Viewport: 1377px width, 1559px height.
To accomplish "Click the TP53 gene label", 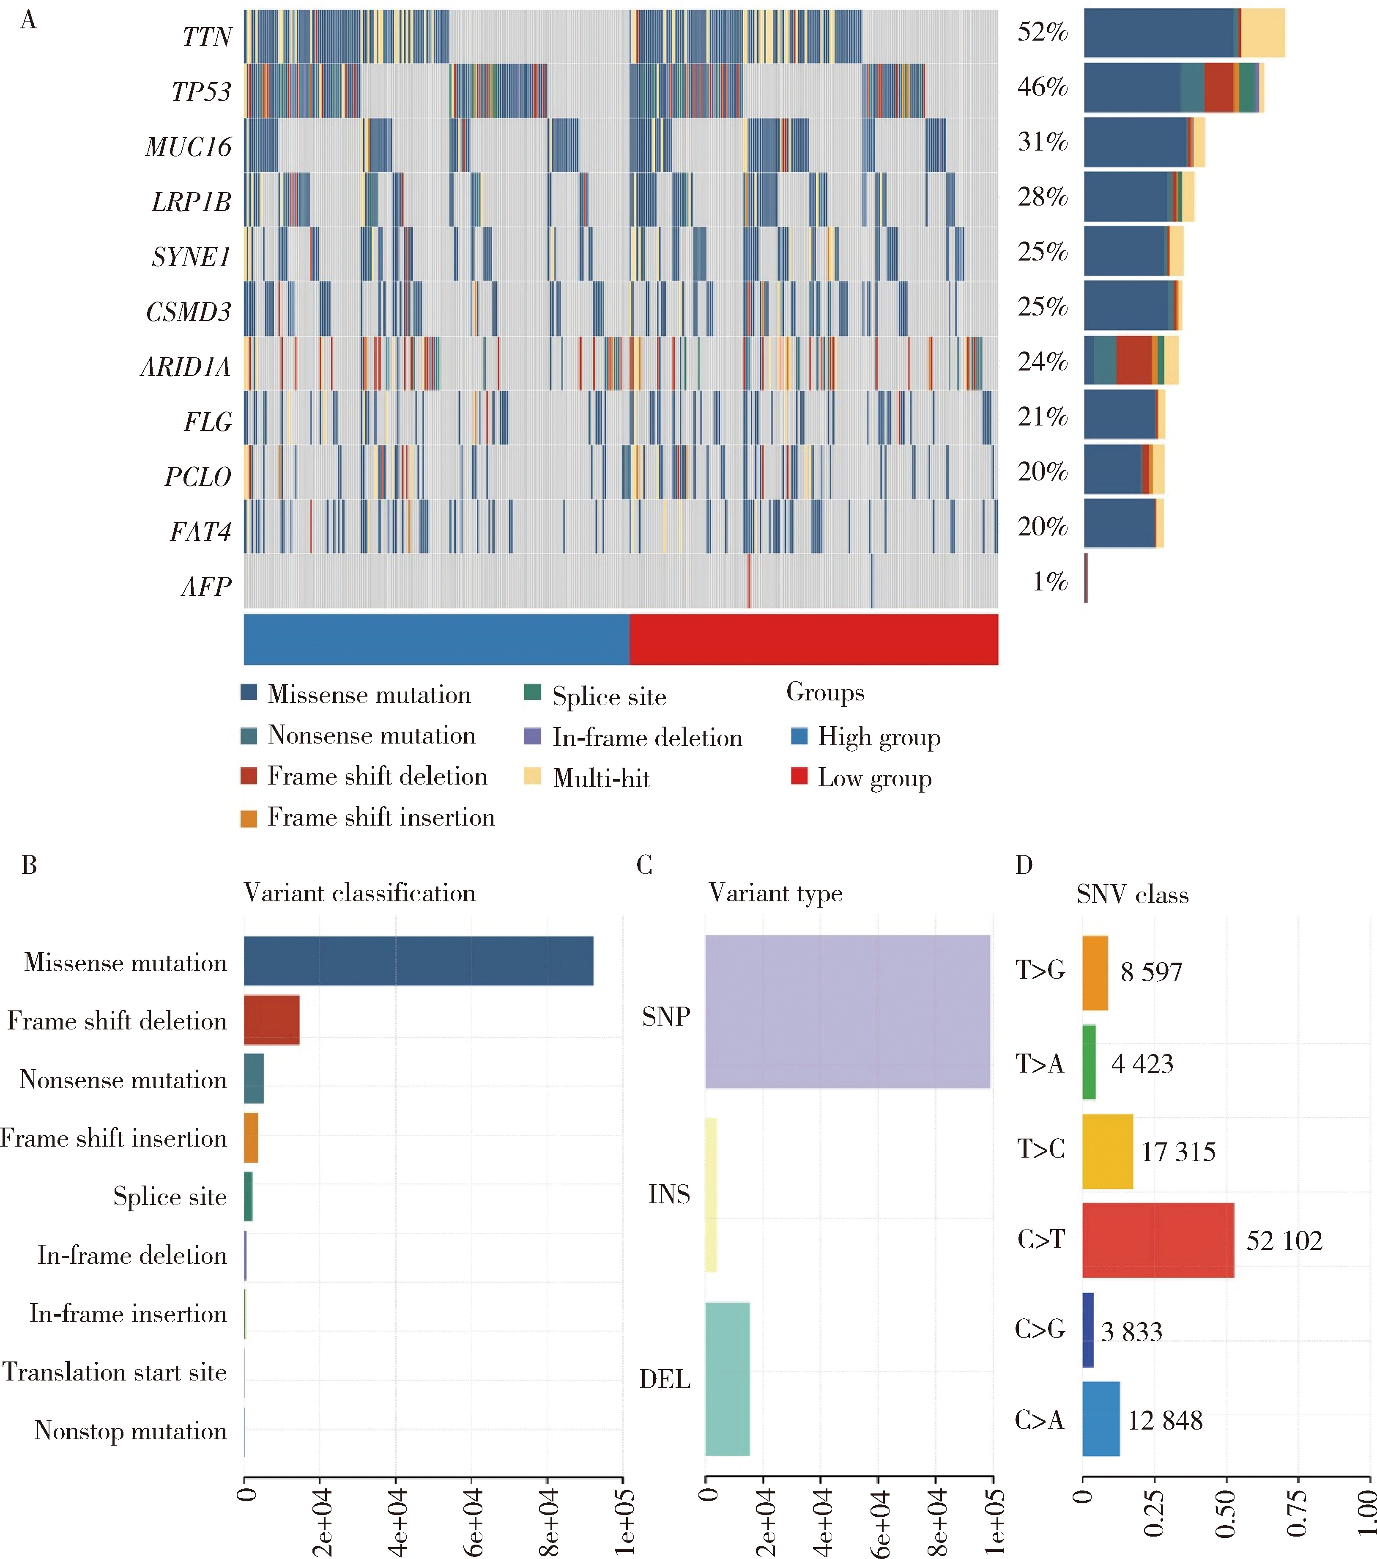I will (200, 91).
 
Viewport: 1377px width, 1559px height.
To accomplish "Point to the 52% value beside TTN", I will (1042, 32).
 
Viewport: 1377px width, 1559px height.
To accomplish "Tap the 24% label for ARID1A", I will (1042, 362).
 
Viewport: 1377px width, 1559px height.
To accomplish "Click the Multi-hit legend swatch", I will (532, 777).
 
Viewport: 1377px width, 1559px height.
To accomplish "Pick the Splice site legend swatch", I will (532, 692).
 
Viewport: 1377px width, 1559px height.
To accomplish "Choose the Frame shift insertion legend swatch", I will (249, 818).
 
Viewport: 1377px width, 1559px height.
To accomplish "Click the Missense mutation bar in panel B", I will (418, 961).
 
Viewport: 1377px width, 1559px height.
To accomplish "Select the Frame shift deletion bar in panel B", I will (271, 1020).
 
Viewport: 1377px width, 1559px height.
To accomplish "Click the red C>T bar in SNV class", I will (1158, 1240).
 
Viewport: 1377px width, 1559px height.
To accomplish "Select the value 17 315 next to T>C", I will (1178, 1152).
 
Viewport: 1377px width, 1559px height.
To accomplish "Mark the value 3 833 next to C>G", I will (1131, 1332).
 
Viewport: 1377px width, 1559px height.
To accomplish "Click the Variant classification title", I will (359, 893).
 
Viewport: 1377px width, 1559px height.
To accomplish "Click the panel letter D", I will (1023, 865).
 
